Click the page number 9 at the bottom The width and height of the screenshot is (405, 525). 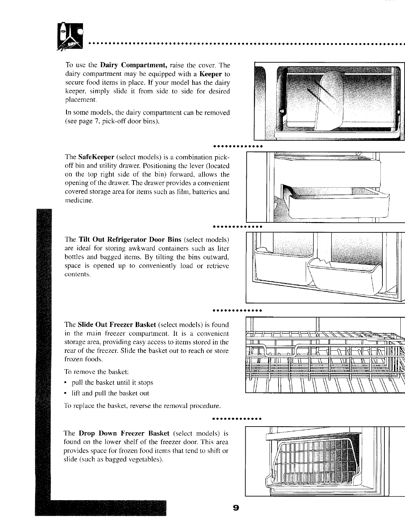click(x=236, y=508)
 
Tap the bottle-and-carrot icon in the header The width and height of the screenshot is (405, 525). click(x=70, y=36)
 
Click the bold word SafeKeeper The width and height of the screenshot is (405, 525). click(x=96, y=157)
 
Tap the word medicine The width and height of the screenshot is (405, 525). click(x=79, y=201)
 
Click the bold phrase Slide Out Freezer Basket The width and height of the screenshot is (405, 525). click(x=117, y=324)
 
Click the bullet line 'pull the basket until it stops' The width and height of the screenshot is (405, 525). click(x=112, y=382)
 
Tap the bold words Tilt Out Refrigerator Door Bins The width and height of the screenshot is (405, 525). click(x=130, y=239)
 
